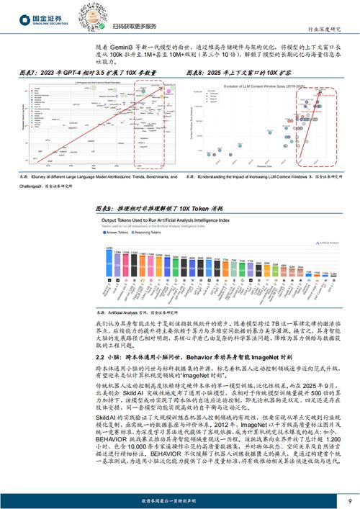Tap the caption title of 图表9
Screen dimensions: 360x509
point(154,206)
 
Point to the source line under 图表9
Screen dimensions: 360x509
point(133,312)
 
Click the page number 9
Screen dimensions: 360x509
point(348,499)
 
